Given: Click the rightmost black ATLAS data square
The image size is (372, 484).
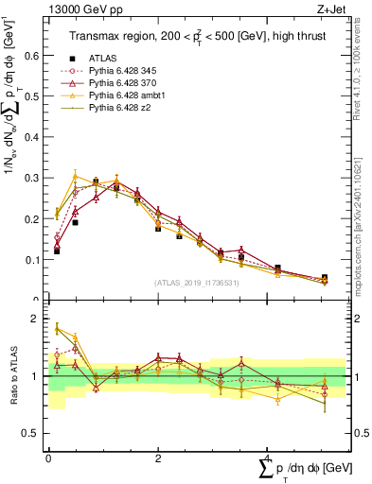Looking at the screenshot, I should coord(325,278).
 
